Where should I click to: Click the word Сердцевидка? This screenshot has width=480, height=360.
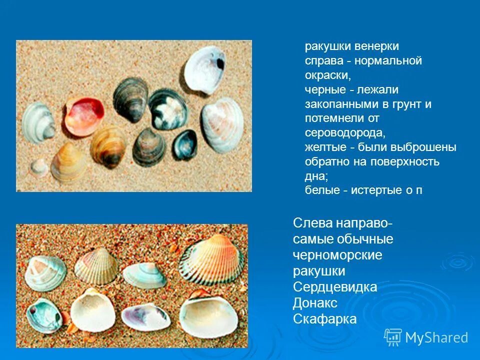click(335, 287)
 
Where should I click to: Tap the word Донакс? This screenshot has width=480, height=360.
click(315, 303)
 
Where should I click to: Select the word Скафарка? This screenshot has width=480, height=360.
click(325, 319)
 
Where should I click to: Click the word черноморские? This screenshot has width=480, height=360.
click(337, 255)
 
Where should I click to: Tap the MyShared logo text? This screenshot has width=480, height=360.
click(436, 338)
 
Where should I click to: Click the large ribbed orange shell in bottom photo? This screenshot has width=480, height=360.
click(211, 259)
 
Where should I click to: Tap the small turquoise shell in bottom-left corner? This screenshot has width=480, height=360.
click(44, 315)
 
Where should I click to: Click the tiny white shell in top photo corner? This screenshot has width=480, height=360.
click(38, 166)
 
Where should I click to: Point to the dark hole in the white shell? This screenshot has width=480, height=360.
click(219, 63)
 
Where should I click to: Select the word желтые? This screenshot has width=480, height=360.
click(322, 147)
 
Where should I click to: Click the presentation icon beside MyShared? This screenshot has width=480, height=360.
click(393, 337)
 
